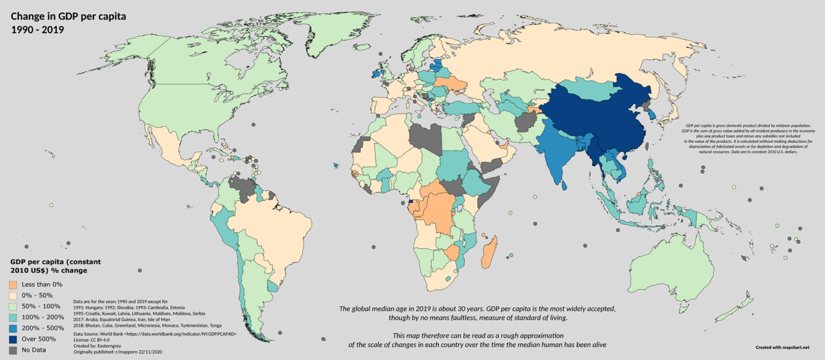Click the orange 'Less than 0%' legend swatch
(x=13, y=284)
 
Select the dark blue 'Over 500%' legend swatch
(x=13, y=339)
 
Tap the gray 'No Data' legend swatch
(x=13, y=350)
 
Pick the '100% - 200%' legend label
(x=42, y=317)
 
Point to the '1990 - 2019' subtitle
(x=38, y=30)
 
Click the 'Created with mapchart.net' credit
(x=781, y=348)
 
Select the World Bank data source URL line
(x=156, y=334)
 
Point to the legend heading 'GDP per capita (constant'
(x=55, y=262)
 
